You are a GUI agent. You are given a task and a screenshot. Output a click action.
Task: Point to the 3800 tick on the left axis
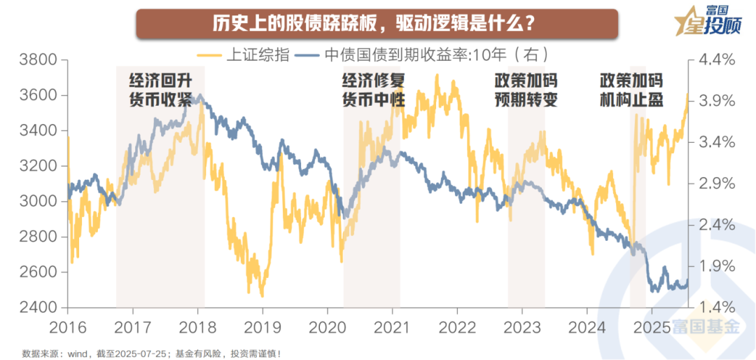click(x=35, y=60)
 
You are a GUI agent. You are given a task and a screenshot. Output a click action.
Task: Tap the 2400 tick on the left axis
click(x=35, y=308)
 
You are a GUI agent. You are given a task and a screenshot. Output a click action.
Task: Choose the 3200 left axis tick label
click(x=35, y=167)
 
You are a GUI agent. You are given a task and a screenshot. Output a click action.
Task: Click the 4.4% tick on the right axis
click(x=717, y=60)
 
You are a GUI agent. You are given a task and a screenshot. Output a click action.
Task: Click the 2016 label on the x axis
click(x=67, y=328)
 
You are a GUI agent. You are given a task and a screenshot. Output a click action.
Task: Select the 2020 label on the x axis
click(x=327, y=328)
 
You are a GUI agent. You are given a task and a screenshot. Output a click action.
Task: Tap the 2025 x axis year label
click(x=651, y=328)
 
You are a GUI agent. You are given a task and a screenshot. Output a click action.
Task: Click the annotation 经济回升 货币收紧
click(x=160, y=89)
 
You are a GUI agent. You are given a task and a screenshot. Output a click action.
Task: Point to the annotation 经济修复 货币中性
click(x=373, y=89)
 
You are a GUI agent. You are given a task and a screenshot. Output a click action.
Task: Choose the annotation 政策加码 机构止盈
click(x=631, y=89)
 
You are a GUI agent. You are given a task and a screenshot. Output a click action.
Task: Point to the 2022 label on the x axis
click(x=456, y=328)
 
